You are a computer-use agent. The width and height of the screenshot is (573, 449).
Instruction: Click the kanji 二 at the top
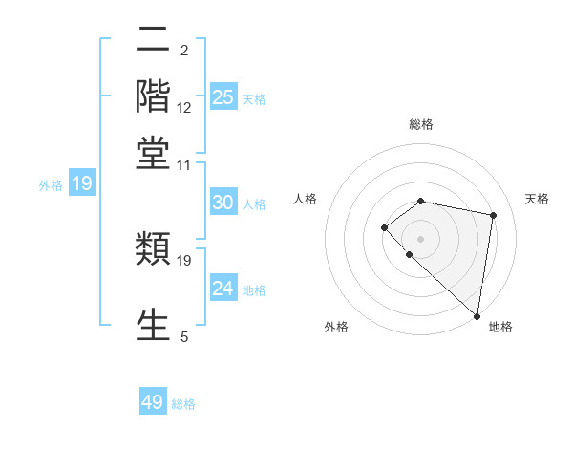click(153, 40)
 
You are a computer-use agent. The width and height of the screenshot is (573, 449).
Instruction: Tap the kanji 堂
click(153, 153)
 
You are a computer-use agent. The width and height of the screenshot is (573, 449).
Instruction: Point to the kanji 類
click(153, 250)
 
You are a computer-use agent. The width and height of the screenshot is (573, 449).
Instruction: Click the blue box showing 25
click(223, 96)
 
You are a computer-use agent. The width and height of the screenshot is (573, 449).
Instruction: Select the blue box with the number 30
click(223, 203)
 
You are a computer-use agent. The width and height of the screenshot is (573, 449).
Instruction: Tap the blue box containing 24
click(223, 289)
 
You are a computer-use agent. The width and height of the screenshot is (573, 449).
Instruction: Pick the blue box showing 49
click(153, 402)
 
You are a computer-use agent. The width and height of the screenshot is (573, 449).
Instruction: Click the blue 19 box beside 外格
click(82, 183)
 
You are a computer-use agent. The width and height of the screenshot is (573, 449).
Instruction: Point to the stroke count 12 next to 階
click(184, 108)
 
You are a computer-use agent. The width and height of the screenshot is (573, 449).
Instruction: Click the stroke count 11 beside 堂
click(184, 164)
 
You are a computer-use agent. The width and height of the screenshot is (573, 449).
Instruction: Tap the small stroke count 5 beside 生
click(184, 336)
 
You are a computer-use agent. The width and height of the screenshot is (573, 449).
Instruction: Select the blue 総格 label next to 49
click(183, 404)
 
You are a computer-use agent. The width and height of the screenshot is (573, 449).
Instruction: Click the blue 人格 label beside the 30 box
click(254, 203)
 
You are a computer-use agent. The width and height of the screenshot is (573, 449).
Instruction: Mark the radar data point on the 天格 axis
click(494, 216)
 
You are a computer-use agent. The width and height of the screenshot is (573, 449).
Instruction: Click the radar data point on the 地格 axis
click(477, 316)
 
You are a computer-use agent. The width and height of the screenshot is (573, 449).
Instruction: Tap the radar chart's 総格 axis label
click(421, 124)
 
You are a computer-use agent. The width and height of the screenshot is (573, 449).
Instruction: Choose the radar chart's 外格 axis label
click(336, 327)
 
